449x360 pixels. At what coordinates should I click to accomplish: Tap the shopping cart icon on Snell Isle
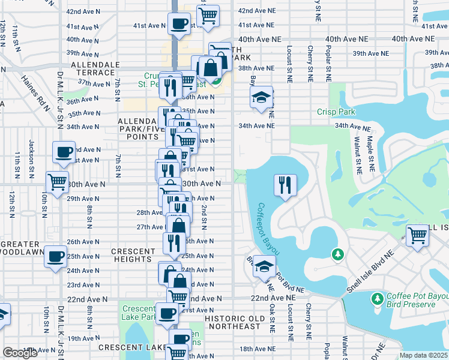pos(417,235)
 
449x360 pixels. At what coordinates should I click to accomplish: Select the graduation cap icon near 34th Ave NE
pos(261,98)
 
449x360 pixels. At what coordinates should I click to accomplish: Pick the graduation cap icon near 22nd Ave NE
pos(264,267)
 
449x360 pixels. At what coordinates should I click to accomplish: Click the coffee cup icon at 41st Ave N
pos(179,25)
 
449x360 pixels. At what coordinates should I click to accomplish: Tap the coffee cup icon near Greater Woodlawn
pos(56,256)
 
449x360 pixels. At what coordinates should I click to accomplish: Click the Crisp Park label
pos(336,112)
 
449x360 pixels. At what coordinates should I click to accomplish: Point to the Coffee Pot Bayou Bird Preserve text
pos(411,300)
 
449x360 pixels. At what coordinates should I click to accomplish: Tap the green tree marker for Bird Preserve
pos(378,298)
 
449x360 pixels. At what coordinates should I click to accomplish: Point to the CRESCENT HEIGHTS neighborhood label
pos(132,255)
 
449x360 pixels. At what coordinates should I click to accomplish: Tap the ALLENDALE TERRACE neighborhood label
pos(92,68)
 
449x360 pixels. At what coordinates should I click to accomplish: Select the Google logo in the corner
pos(20,353)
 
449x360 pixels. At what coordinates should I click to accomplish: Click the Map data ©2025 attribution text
pos(423,355)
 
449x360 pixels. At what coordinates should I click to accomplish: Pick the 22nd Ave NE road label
pos(273,298)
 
